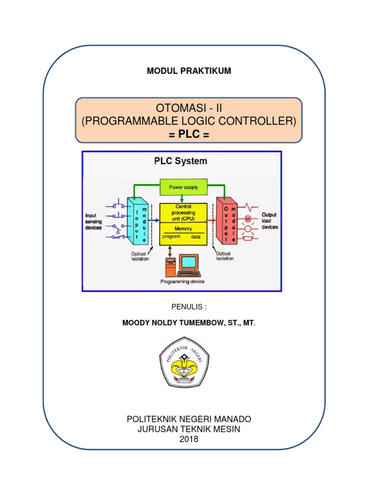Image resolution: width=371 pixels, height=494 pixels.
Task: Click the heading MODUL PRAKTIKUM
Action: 189,71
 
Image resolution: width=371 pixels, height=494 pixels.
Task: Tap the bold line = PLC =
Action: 188,134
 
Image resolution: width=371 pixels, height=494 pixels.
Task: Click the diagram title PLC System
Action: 180,161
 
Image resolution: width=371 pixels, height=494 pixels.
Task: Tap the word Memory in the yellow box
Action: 183,229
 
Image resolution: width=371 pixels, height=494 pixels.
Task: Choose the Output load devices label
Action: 270,221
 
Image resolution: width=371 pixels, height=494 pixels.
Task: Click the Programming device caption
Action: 182,282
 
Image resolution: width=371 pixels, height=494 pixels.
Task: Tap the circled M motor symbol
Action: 248,218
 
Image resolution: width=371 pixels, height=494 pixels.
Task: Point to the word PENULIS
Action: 187,306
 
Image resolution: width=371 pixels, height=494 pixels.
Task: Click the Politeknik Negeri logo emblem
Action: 184,362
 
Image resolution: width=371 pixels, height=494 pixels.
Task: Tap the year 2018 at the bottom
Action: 188,439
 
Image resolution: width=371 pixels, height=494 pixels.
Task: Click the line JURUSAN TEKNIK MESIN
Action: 188,429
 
